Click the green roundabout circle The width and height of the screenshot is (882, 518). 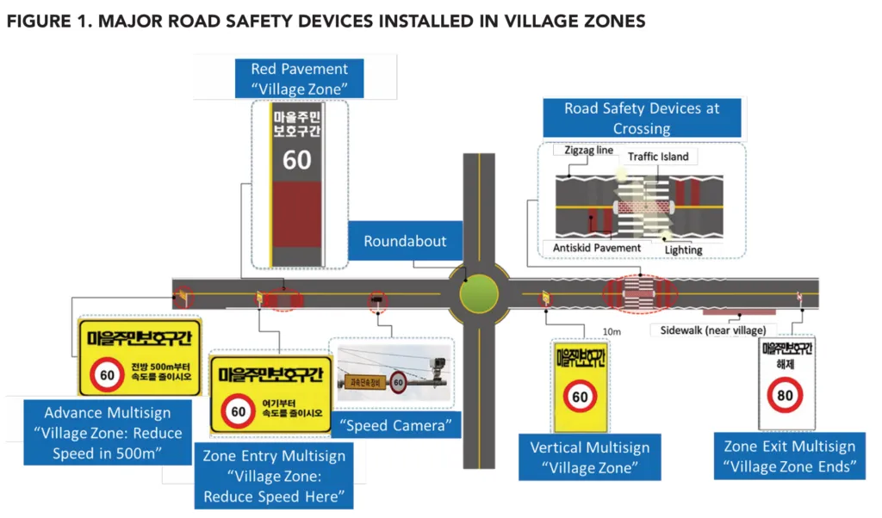pos(478,295)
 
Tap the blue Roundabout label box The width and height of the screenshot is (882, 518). pos(404,242)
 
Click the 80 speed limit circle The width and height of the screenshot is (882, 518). pos(786,396)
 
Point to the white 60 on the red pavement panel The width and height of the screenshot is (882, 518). pos(297,159)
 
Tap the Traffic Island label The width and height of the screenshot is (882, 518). pos(658,157)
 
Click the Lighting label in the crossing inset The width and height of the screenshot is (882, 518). pos(683,250)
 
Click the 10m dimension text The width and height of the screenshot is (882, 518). pos(612,330)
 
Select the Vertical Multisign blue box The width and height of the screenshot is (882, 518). pos(589,458)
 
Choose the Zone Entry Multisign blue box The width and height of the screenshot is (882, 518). pos(276,477)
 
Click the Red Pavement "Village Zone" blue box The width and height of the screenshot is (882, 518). pos(299,78)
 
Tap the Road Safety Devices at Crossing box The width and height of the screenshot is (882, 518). pos(642,119)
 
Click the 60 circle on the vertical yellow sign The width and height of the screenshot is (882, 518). pos(581,397)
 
